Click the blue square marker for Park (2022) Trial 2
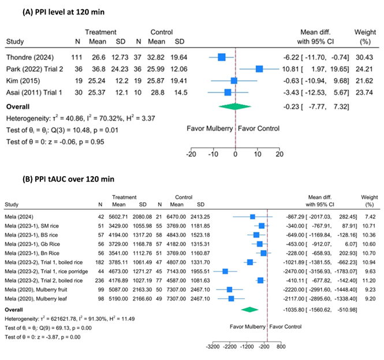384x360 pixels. pos(259,69)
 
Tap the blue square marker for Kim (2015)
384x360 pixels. pos(234,80)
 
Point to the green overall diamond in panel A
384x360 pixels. pos(235,106)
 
